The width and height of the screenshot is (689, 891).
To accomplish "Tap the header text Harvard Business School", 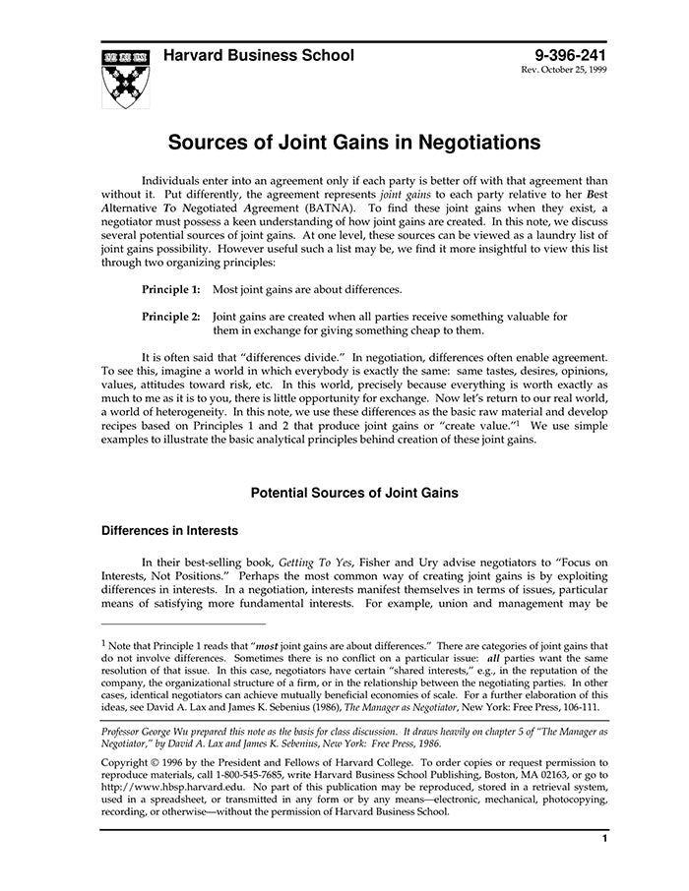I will [259, 55].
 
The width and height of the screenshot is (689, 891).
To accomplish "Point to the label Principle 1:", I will [171, 290].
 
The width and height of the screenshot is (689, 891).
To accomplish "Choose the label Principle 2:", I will [171, 317].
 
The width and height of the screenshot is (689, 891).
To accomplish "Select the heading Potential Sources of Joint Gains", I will [354, 493].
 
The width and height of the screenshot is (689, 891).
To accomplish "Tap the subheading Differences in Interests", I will [169, 531].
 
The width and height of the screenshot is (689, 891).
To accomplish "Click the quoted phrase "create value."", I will [463, 425].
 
